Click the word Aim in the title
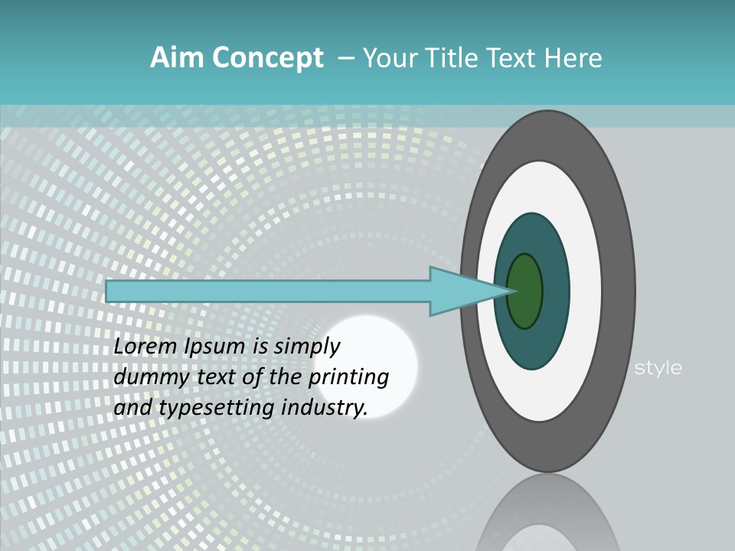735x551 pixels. [x=177, y=58]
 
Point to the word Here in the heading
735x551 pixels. [x=574, y=58]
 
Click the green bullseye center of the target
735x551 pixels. [x=525, y=291]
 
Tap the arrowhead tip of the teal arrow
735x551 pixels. [x=511, y=291]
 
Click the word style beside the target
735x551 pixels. [x=658, y=368]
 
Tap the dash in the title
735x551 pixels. [x=345, y=58]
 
